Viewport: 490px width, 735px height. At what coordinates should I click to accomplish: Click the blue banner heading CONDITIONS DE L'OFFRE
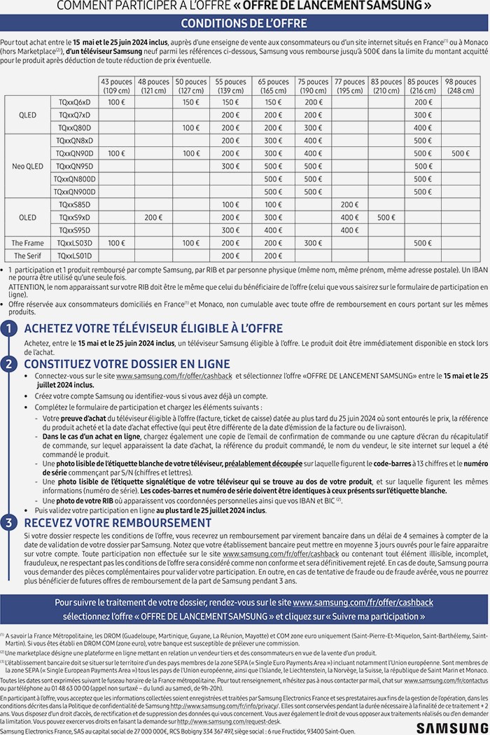click(x=244, y=24)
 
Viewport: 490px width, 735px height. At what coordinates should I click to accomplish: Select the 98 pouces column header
click(x=460, y=86)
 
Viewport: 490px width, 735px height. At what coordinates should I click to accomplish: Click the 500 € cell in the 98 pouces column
click(x=460, y=153)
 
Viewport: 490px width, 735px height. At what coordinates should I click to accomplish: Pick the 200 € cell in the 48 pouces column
click(x=154, y=218)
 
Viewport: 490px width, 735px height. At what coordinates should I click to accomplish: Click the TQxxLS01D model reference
click(x=74, y=256)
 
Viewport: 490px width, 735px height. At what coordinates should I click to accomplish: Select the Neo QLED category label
click(x=27, y=166)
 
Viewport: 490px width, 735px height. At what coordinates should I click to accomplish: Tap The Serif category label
click(x=27, y=256)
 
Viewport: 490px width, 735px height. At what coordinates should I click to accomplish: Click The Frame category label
click(x=27, y=243)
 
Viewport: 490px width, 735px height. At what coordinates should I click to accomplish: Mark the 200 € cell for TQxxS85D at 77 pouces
click(x=349, y=204)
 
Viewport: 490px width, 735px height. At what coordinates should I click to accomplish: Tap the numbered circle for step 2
click(x=8, y=364)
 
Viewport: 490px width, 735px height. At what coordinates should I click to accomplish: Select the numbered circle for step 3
click(x=8, y=523)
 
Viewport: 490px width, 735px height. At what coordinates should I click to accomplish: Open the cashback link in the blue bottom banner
click(x=363, y=602)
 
